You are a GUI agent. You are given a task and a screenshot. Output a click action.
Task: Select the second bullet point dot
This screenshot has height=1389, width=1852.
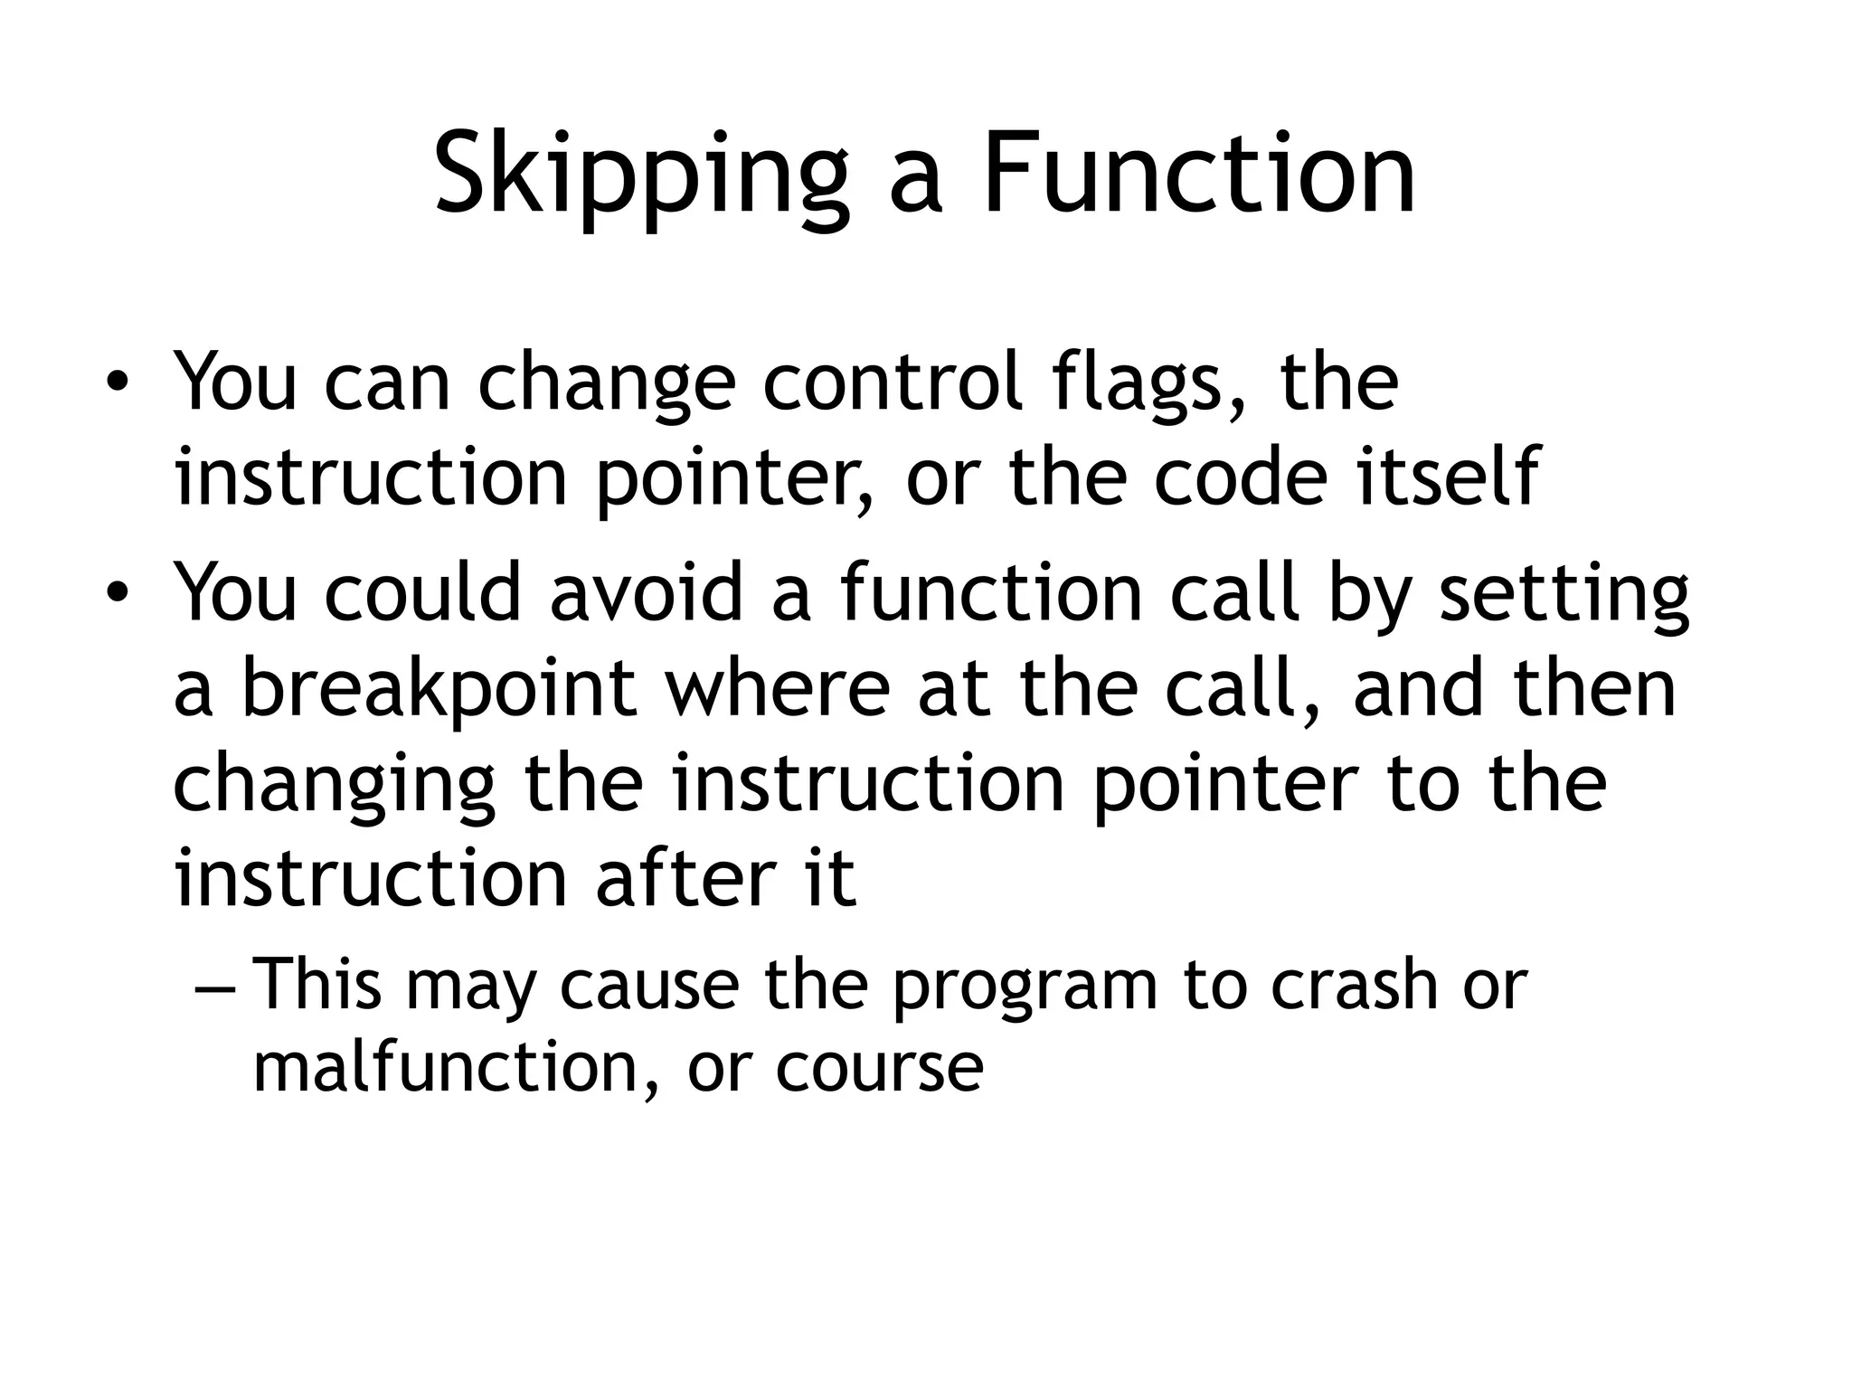[116, 592]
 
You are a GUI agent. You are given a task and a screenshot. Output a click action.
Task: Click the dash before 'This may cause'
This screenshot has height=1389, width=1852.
[215, 987]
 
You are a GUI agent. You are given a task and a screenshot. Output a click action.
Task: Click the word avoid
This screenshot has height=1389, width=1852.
[646, 592]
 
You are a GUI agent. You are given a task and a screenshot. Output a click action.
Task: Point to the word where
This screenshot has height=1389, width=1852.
[777, 689]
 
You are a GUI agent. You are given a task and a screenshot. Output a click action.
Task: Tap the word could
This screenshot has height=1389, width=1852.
[423, 592]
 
